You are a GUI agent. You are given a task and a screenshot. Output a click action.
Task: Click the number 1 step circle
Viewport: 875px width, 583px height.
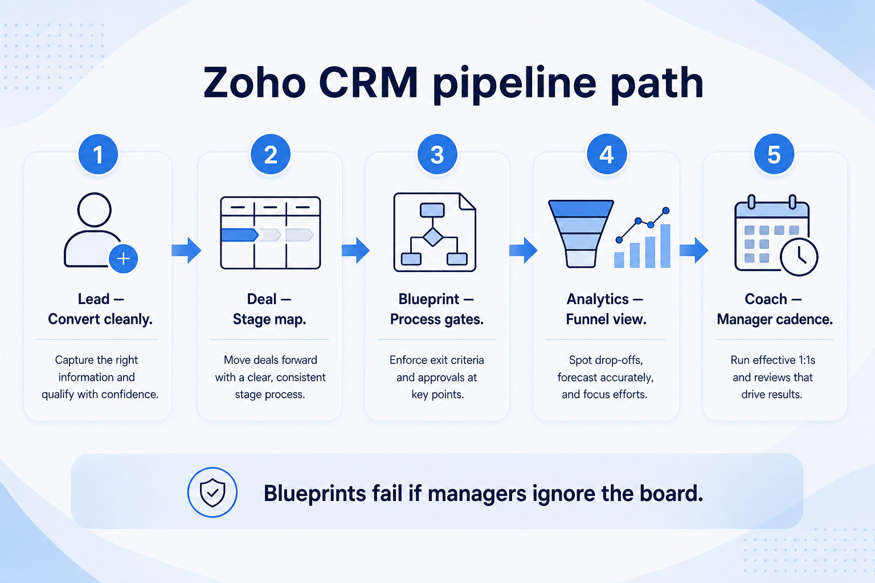click(x=98, y=154)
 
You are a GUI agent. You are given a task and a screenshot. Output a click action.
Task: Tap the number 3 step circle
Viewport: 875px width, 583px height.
click(x=437, y=154)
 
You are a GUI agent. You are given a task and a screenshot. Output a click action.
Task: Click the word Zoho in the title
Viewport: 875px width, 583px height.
click(x=254, y=83)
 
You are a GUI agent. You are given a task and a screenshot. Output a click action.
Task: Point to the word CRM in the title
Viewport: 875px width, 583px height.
click(x=369, y=83)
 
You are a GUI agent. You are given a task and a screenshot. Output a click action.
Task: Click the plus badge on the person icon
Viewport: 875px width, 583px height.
click(x=124, y=258)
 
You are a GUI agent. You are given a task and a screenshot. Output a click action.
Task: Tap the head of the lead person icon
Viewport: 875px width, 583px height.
click(x=94, y=210)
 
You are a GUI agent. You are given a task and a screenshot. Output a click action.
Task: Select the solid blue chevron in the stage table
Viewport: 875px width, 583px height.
click(x=239, y=235)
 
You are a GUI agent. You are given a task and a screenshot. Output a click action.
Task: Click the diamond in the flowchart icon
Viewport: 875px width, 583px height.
click(x=433, y=237)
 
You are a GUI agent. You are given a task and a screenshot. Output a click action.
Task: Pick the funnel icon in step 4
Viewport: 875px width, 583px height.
click(x=581, y=233)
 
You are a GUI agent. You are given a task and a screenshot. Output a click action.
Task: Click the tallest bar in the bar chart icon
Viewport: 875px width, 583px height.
click(x=665, y=246)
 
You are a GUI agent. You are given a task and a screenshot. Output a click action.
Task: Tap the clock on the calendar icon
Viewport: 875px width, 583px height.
click(x=799, y=257)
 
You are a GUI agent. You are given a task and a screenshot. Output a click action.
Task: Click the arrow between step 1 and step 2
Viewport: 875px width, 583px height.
click(x=186, y=250)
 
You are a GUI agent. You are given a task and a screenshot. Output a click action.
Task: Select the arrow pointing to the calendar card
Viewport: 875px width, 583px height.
click(x=694, y=250)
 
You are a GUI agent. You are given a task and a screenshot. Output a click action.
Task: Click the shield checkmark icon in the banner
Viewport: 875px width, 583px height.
click(x=212, y=492)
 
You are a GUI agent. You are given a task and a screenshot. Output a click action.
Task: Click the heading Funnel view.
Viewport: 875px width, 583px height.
click(x=606, y=319)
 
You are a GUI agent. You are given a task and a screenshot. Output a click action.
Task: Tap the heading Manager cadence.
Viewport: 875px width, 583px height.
click(x=775, y=319)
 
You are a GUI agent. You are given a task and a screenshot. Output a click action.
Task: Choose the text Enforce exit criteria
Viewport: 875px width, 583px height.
click(x=437, y=360)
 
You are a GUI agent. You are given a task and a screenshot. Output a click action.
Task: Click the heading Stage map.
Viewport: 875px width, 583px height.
click(x=269, y=319)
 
